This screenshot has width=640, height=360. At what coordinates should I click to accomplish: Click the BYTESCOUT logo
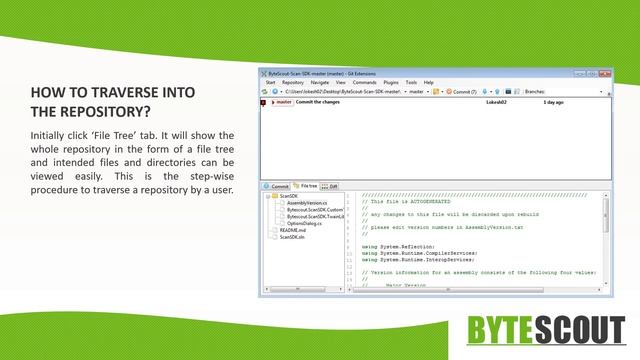pos(547,329)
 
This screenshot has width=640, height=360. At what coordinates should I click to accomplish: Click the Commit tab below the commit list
pos(278,186)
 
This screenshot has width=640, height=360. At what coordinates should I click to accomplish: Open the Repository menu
pos(293,82)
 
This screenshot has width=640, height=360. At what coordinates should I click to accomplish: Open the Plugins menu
pos(391,82)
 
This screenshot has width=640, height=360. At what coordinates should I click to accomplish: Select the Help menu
pos(428,82)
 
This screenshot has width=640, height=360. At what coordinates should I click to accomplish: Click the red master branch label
pos(281,102)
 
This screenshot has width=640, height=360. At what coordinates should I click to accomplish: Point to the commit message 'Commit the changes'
pos(320,102)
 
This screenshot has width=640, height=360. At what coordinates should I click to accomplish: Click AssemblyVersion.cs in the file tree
pos(304,203)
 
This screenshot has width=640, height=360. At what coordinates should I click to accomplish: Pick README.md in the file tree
pos(293,230)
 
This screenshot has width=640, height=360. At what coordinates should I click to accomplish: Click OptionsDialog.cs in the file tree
pos(304,223)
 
